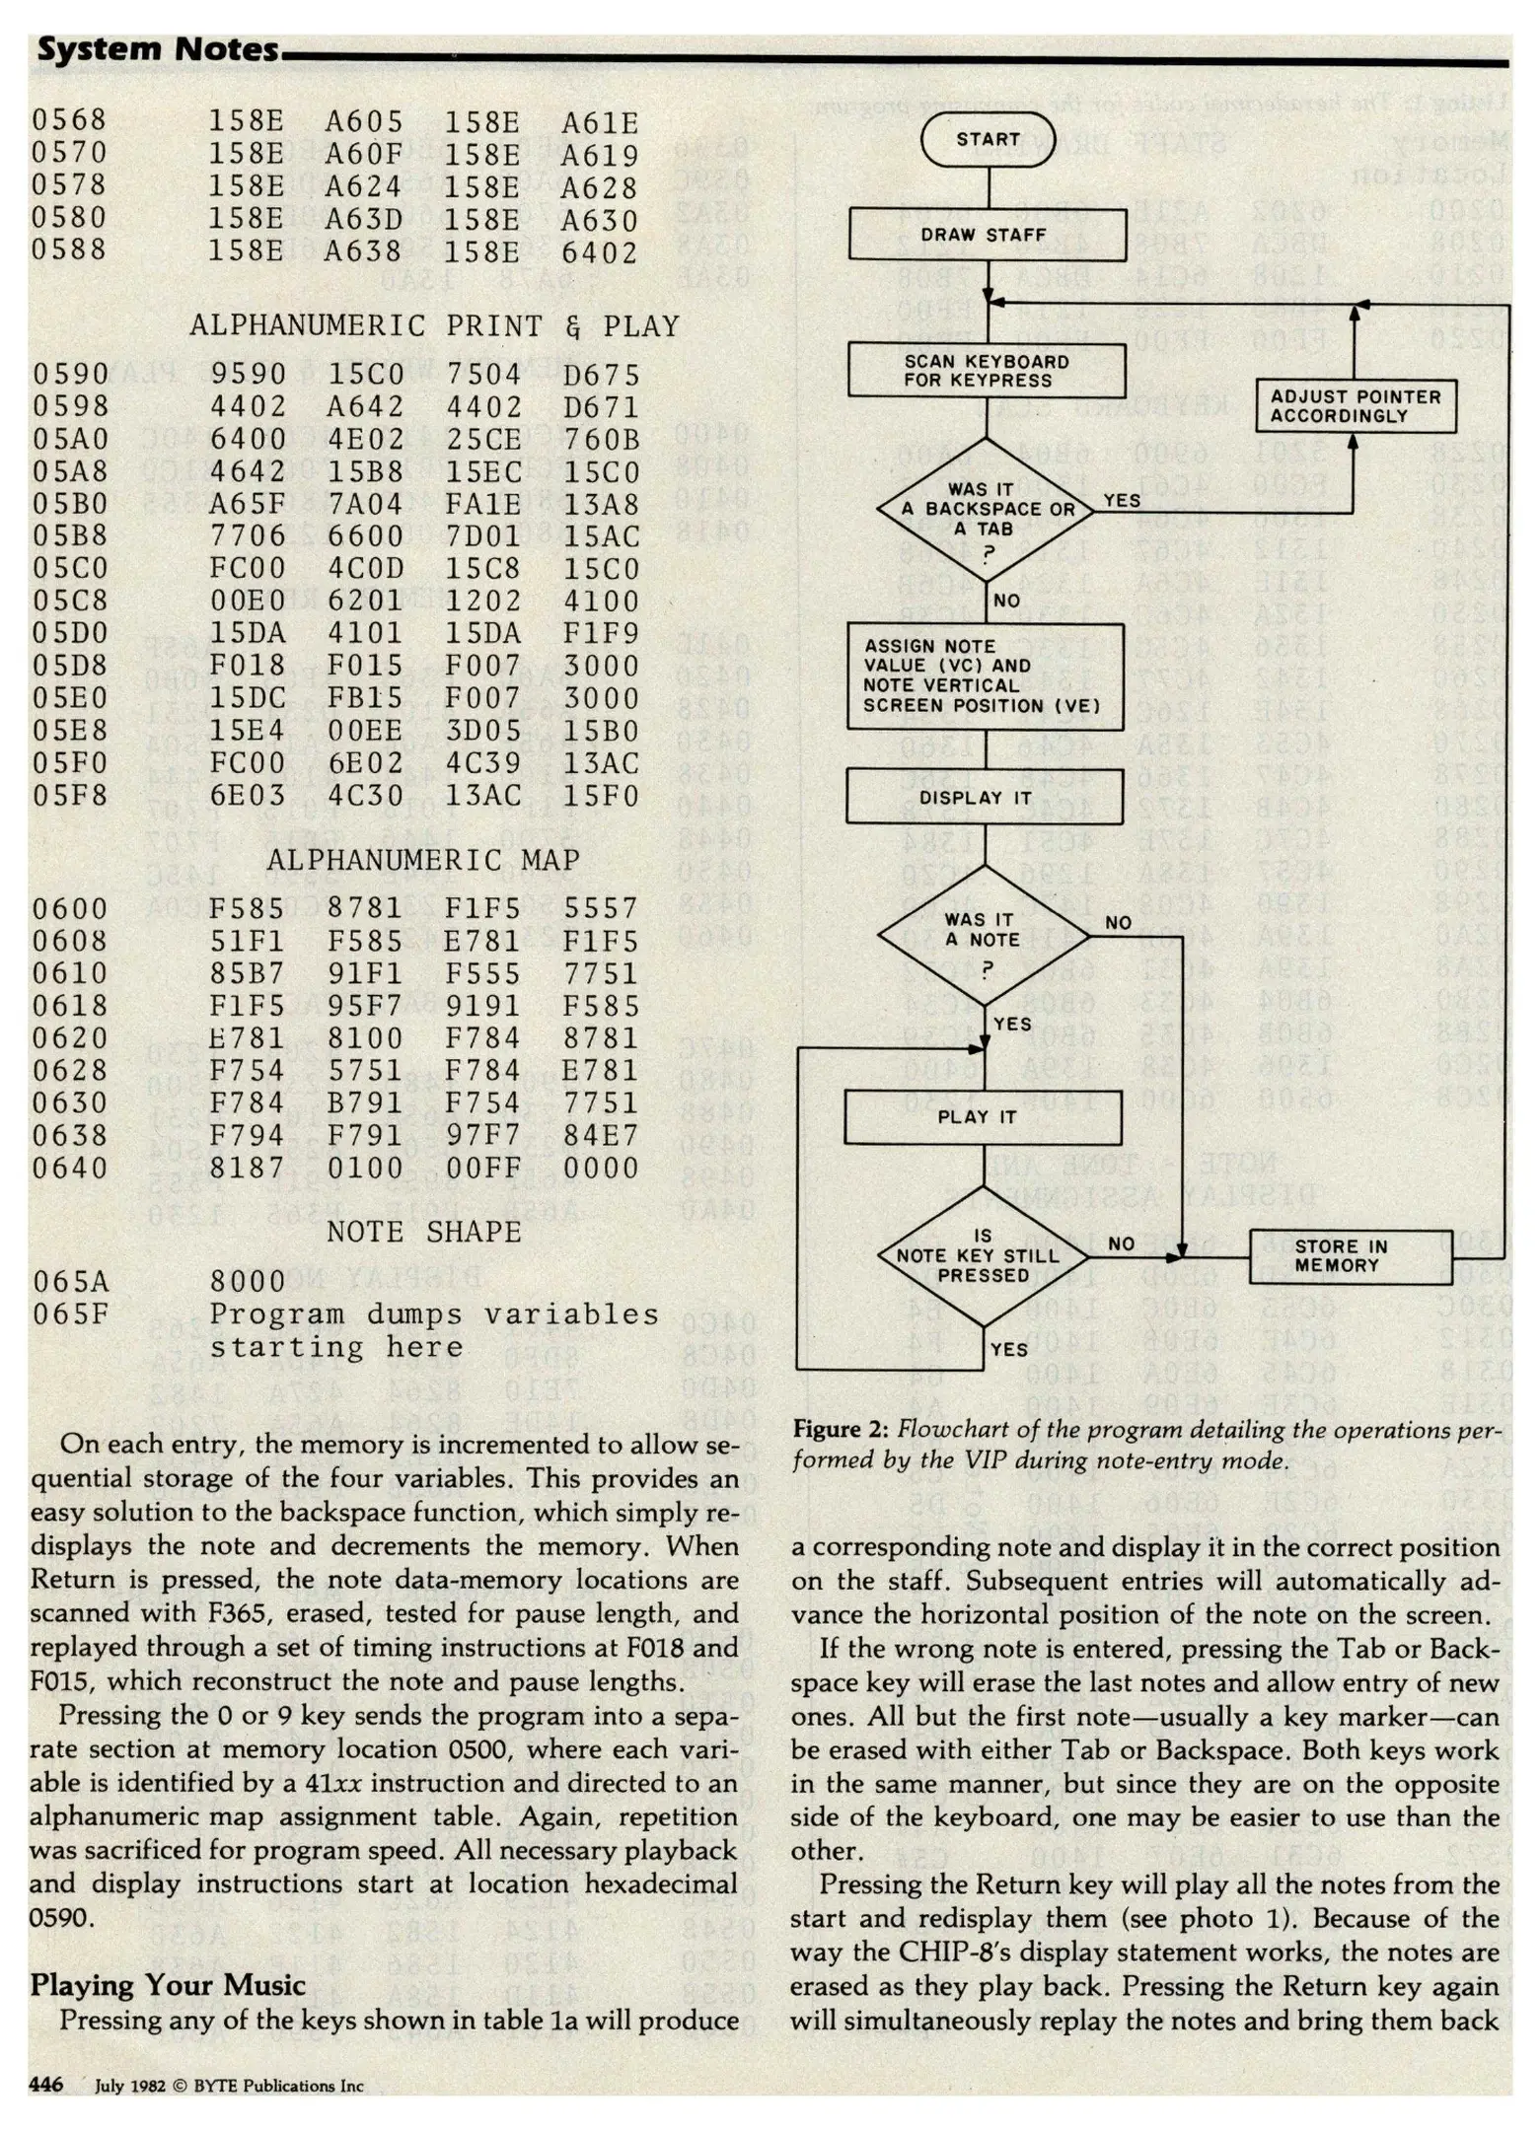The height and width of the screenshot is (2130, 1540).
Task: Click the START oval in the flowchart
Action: coord(988,140)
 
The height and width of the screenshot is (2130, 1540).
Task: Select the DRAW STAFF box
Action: coord(988,235)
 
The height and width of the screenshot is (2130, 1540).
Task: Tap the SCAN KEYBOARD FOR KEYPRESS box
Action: coord(987,371)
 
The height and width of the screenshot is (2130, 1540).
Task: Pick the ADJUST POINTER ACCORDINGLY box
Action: coord(1356,406)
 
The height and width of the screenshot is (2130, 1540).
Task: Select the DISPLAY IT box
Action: coord(985,797)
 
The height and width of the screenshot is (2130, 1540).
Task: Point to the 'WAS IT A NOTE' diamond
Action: coord(985,932)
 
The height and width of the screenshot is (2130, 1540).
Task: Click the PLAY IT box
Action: coord(983,1117)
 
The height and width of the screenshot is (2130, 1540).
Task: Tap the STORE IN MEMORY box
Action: coord(1351,1256)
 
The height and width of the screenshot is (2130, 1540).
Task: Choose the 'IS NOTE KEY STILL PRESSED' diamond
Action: coord(984,1256)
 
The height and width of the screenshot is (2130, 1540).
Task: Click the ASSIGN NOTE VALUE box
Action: coord(985,676)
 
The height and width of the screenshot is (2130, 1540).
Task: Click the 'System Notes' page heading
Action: coord(158,49)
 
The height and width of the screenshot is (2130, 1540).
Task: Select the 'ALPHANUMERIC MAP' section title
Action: coord(423,860)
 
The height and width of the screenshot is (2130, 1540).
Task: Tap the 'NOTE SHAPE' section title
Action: coord(423,1233)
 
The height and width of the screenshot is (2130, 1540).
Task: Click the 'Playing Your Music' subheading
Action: coord(168,1984)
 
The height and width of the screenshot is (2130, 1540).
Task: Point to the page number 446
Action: coord(46,2084)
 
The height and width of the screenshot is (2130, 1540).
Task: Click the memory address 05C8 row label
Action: coord(69,601)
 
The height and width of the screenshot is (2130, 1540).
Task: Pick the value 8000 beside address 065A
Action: coord(248,1281)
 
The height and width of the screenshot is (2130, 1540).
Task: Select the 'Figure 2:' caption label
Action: coord(842,1430)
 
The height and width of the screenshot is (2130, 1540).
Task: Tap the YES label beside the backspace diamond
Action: coord(1122,501)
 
